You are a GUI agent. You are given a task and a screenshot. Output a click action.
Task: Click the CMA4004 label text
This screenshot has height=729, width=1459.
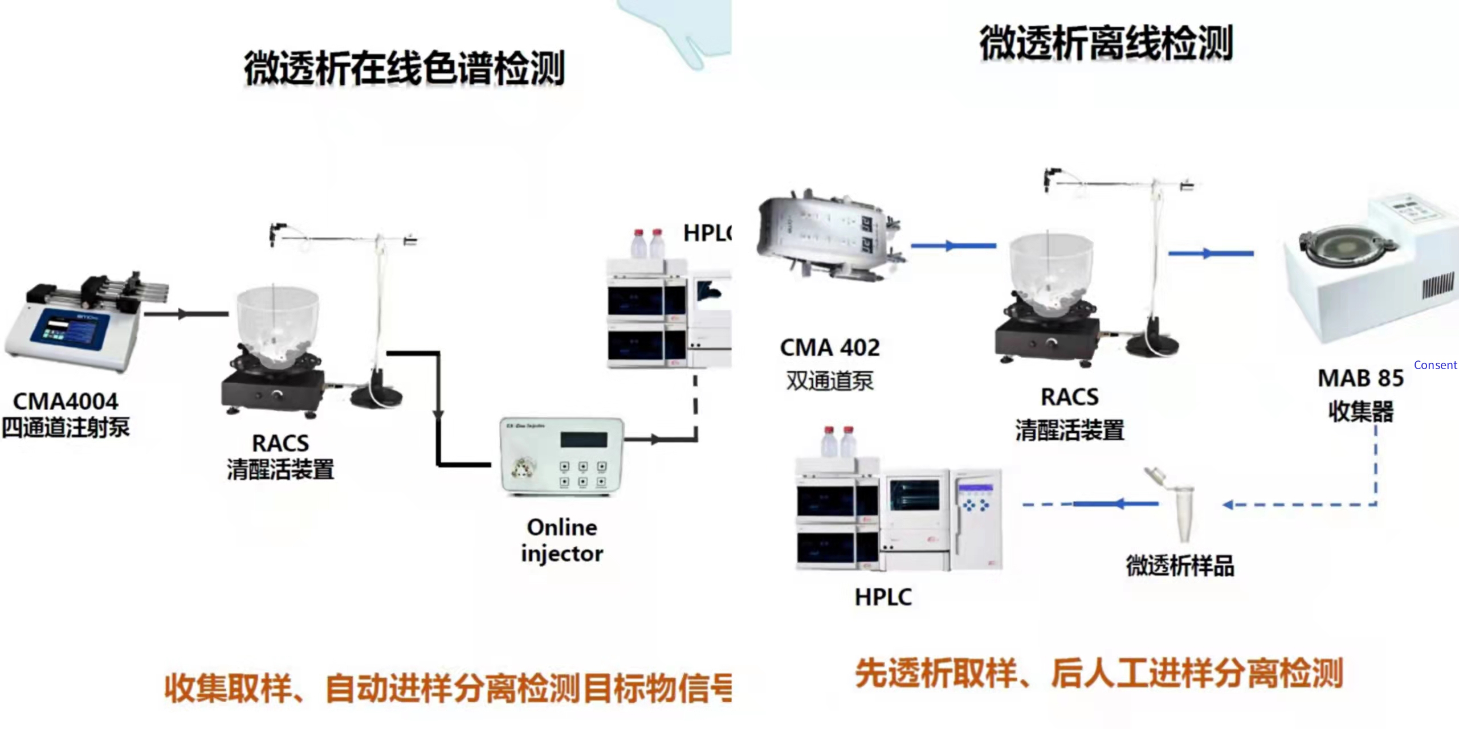pyautogui.click(x=66, y=402)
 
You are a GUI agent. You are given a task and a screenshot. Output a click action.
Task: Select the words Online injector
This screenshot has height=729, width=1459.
pyautogui.click(x=562, y=540)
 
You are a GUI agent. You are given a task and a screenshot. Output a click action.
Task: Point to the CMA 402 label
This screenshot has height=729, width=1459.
pyautogui.click(x=830, y=348)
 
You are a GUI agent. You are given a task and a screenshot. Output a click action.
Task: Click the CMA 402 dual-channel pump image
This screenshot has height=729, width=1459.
pyautogui.click(x=830, y=239)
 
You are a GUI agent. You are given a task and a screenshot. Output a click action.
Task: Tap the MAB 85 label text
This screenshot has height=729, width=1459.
pyautogui.click(x=1360, y=378)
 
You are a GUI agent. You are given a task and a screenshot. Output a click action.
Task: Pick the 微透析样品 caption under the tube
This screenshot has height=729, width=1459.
pyautogui.click(x=1180, y=566)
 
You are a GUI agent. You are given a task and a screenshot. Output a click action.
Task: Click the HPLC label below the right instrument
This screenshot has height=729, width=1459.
pyautogui.click(x=883, y=597)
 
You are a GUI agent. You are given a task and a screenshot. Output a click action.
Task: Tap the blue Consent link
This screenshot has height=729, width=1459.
pyautogui.click(x=1435, y=365)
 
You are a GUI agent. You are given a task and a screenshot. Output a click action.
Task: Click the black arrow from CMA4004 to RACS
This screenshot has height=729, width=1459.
pyautogui.click(x=185, y=314)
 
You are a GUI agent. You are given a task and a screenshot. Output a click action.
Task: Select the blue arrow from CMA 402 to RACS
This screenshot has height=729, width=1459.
pyautogui.click(x=953, y=246)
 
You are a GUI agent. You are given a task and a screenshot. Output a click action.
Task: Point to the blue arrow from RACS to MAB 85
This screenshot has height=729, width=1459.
pyautogui.click(x=1211, y=253)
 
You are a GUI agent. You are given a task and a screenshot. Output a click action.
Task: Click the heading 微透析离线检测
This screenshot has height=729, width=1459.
pyautogui.click(x=1106, y=43)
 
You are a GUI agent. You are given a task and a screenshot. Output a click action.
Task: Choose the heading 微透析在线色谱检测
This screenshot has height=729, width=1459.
pyautogui.click(x=404, y=68)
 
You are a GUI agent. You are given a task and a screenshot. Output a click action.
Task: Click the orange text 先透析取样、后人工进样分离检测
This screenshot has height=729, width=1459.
pyautogui.click(x=1099, y=674)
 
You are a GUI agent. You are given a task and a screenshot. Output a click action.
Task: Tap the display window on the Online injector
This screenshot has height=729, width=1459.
pyautogui.click(x=584, y=440)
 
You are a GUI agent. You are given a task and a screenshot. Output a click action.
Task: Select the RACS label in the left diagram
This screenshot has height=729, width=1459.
pyautogui.click(x=280, y=443)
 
